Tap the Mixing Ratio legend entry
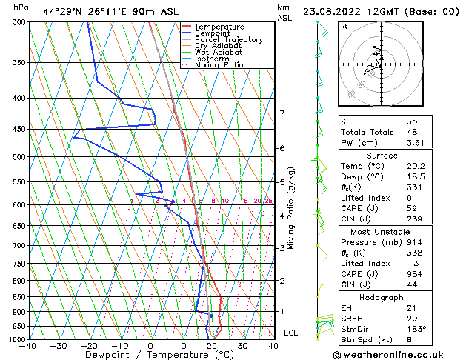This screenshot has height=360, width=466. (219, 65)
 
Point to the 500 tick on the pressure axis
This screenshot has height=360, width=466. (16, 157)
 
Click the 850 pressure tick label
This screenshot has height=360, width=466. (16, 297)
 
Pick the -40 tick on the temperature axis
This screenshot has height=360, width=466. (28, 346)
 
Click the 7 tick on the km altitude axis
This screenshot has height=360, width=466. (282, 113)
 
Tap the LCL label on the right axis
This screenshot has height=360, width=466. (290, 333)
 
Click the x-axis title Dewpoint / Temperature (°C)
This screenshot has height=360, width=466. (150, 356)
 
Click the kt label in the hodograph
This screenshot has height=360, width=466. (344, 26)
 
